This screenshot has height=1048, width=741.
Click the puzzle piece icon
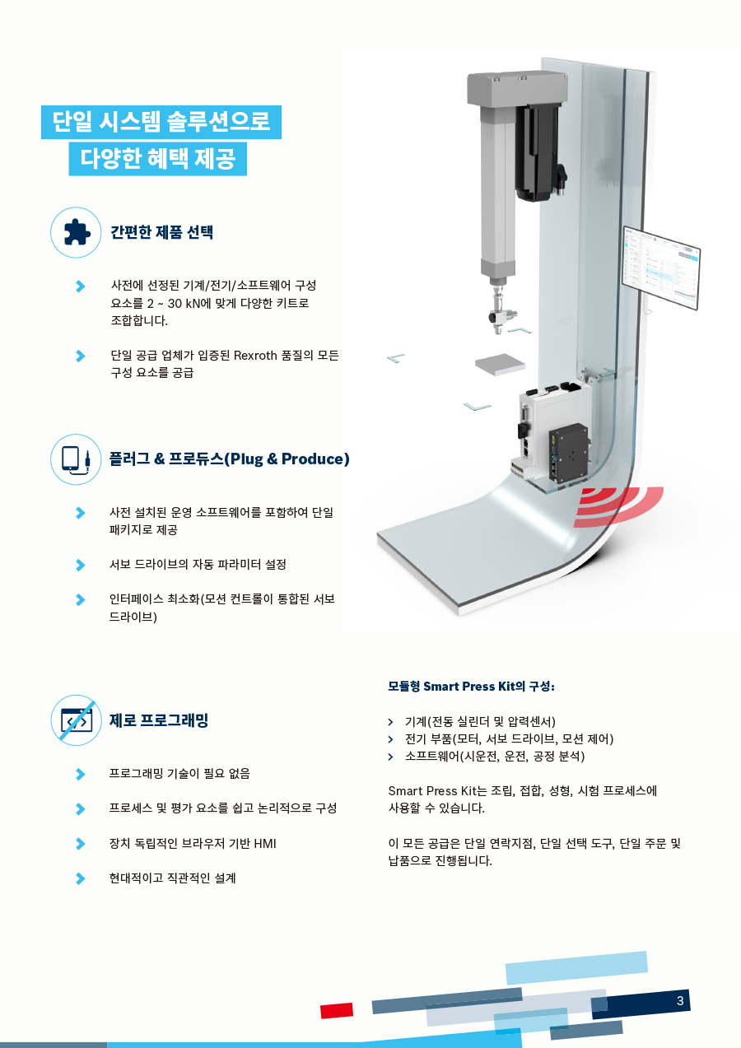[x=76, y=232]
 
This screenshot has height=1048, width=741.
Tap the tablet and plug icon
[x=76, y=459]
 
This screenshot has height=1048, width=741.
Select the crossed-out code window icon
[x=76, y=720]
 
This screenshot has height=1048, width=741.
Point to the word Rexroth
[x=255, y=356]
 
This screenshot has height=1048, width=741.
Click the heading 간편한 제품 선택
[x=162, y=232]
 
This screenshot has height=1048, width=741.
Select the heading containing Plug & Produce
[x=229, y=459]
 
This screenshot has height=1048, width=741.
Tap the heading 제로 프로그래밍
[x=159, y=720]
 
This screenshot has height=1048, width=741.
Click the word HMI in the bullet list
[x=265, y=844]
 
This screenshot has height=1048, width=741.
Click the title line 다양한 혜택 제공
[x=157, y=158]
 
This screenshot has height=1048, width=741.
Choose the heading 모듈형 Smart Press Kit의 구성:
[x=471, y=687]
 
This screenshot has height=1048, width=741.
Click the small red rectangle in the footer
[x=337, y=1011]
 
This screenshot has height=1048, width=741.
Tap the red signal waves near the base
[x=618, y=506]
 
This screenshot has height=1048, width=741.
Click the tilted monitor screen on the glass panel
[x=660, y=268]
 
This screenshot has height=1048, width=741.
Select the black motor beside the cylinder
[x=540, y=152]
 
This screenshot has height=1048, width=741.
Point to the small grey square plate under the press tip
[x=500, y=364]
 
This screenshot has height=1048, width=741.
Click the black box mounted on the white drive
[x=568, y=453]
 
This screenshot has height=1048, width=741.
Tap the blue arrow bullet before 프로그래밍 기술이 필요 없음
[x=81, y=775]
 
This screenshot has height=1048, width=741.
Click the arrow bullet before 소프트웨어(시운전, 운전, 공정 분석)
[x=390, y=757]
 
